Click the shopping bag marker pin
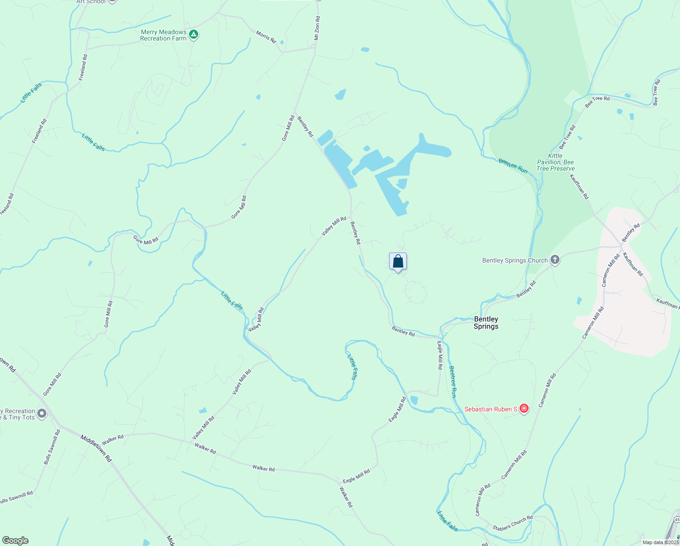click(x=398, y=262)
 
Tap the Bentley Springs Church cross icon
click(x=555, y=260)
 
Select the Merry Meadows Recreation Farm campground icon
click(x=194, y=35)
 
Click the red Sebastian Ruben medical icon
click(x=524, y=409)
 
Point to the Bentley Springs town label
click(x=486, y=323)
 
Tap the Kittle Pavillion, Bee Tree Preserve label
click(x=555, y=162)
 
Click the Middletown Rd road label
click(x=96, y=448)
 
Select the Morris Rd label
click(x=266, y=37)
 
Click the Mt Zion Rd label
click(x=317, y=28)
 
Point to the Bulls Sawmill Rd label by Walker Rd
click(x=52, y=447)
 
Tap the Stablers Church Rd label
click(x=512, y=523)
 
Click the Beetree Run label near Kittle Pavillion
click(x=513, y=166)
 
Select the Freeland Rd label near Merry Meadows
click(x=83, y=67)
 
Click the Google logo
click(x=15, y=540)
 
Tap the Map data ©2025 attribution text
click(x=660, y=542)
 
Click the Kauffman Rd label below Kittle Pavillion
click(x=579, y=187)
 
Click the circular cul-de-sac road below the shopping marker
click(x=415, y=292)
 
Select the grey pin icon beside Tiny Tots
click(x=42, y=414)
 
